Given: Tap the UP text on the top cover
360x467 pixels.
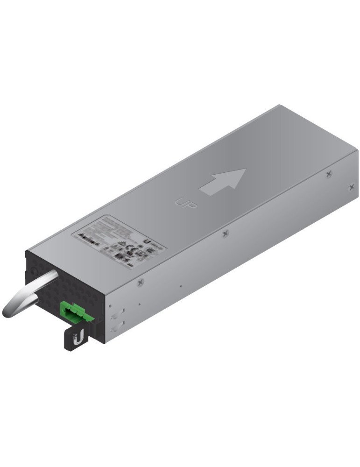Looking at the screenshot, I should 186,203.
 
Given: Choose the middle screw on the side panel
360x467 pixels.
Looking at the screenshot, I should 226,233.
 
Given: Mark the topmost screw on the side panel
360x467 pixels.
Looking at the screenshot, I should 329,174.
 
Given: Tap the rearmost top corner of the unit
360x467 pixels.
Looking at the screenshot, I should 279,106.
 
